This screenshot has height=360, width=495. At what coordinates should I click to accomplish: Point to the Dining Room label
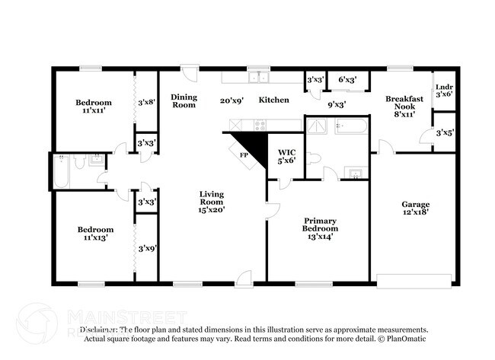(x=184, y=100)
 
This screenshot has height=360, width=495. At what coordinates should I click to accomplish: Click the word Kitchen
(x=273, y=100)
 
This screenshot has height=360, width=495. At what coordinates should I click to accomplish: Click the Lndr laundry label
(x=443, y=88)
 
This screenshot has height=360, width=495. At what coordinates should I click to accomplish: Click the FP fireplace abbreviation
(x=244, y=155)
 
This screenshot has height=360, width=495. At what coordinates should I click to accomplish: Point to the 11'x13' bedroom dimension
(x=95, y=238)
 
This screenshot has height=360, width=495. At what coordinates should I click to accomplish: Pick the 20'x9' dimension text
(x=232, y=100)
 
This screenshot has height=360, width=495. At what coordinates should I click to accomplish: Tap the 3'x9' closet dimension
(x=146, y=247)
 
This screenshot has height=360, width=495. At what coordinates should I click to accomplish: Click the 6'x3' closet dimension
(x=347, y=79)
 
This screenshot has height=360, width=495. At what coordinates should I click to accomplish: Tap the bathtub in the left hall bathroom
(x=62, y=172)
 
